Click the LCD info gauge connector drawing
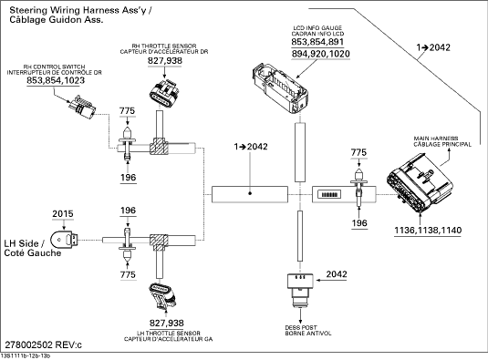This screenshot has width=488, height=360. pos(279,87)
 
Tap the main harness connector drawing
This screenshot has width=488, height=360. pos(420,185)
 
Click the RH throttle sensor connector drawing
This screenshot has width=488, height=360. pos(164,94)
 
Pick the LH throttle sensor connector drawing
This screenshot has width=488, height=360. pos(162,296)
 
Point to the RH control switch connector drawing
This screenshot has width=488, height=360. pos(82,107)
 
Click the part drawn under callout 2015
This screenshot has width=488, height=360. pos(65,240)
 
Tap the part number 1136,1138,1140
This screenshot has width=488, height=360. pos(428,231)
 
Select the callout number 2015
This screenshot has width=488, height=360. pos(63,214)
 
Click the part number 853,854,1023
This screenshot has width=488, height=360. pos(56,80)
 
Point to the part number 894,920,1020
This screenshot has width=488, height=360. pos(321,54)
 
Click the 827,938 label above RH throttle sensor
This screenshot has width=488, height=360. pos(165,61)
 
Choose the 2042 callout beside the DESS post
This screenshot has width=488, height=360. pos(337,274)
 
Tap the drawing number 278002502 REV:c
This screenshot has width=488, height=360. pos(43,345)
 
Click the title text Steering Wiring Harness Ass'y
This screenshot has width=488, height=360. pos(81,10)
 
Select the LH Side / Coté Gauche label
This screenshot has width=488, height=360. pos(32,248)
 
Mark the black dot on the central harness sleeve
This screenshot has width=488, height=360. pos(250,193)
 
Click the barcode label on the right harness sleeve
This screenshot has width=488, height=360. pos(329,195)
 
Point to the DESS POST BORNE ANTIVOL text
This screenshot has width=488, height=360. pos(308,331)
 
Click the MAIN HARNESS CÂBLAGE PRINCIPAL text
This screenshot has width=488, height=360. pos(442,141)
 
